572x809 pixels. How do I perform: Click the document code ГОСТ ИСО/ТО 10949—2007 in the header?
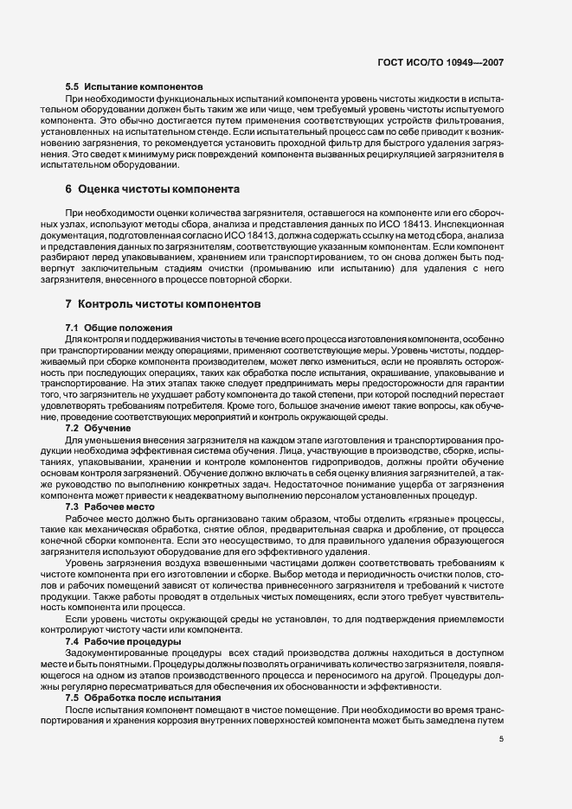[441, 63]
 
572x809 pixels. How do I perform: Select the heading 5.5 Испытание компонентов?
[134, 87]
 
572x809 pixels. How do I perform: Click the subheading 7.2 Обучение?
[97, 428]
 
